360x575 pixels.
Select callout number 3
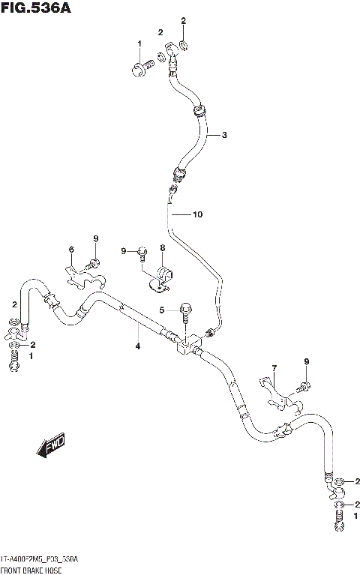pos(223,135)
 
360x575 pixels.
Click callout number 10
pos(197,215)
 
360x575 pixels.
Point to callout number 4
pos(137,346)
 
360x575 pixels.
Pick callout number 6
pos(72,250)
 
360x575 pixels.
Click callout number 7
pos(274,367)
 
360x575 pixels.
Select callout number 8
pos(162,247)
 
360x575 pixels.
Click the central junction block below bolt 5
pos(187,344)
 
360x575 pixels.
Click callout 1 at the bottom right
pos(355,516)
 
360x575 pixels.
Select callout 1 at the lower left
pos(31,356)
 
